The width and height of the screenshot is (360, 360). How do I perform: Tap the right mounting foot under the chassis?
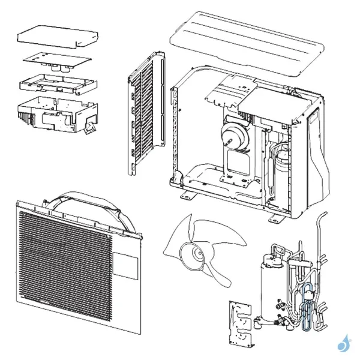(x=277, y=214)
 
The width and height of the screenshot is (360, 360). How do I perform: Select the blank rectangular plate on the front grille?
(x=127, y=265)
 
